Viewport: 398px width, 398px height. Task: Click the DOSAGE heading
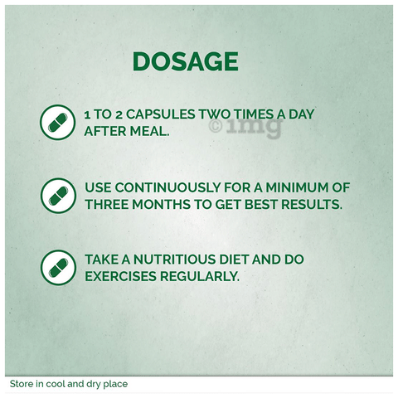(186, 61)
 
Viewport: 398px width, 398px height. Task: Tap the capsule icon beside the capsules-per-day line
(58, 122)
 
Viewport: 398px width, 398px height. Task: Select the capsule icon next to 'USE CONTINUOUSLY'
(58, 196)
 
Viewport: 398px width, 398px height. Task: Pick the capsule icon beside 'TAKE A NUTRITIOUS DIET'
(58, 268)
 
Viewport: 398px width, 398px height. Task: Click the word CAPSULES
(161, 114)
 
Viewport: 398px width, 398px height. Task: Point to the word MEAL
(149, 131)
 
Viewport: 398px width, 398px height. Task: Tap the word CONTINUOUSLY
(167, 187)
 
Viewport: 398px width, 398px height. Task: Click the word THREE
(107, 205)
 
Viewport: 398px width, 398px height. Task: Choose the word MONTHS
(162, 205)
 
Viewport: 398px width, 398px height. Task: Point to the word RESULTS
(312, 205)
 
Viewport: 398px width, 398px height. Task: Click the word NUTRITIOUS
(175, 260)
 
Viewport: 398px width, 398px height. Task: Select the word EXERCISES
(120, 276)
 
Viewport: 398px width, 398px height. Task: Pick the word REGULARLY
(200, 276)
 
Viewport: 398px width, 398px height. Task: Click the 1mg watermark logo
(255, 127)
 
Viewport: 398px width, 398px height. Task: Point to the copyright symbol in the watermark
(216, 126)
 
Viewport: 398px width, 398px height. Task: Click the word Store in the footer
(19, 384)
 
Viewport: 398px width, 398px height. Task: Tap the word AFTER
(105, 131)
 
